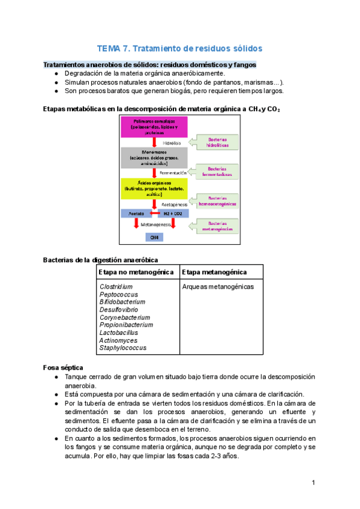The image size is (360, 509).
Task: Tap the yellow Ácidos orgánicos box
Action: tap(154, 188)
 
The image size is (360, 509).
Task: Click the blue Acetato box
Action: tap(136, 212)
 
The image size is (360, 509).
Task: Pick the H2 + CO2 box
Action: tap(173, 212)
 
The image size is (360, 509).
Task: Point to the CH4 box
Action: tap(155, 237)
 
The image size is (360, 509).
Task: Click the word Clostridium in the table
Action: tap(116, 287)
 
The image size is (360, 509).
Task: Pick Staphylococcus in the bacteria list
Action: tap(122, 348)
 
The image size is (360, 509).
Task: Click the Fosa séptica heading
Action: tap(64, 367)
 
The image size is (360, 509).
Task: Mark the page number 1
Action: tap(313, 483)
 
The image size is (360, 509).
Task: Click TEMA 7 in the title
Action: tap(113, 48)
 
